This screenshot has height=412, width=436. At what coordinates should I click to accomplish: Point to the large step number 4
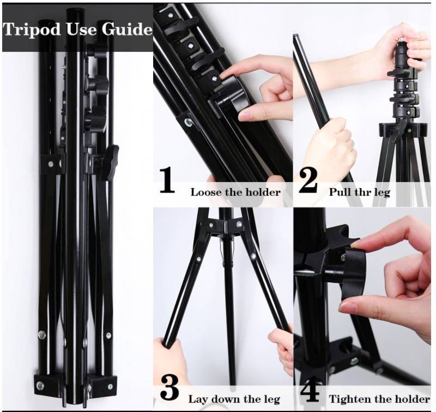pyautogui.click(x=310, y=389)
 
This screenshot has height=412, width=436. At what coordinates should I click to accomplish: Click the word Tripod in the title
pyautogui.click(x=32, y=29)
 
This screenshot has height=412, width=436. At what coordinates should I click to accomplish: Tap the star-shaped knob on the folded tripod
pyautogui.click(x=109, y=162)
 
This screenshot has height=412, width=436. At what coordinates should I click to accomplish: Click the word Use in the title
pyautogui.click(x=81, y=29)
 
